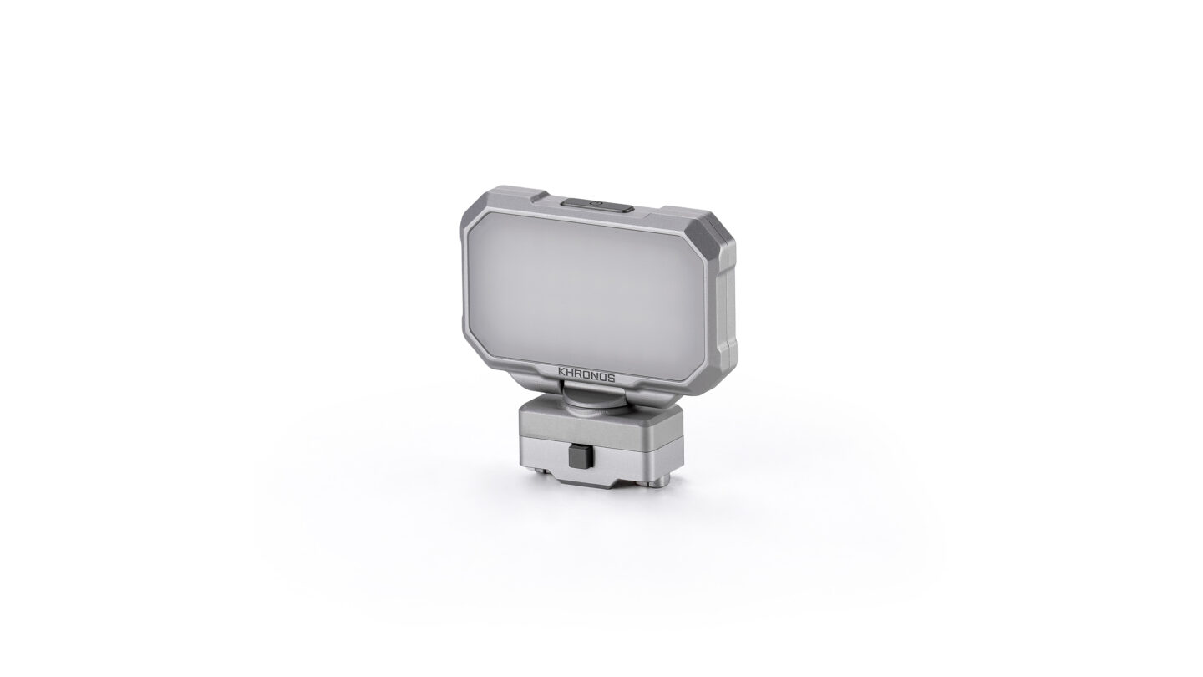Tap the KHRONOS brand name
(586, 377)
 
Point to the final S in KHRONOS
(612, 379)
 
